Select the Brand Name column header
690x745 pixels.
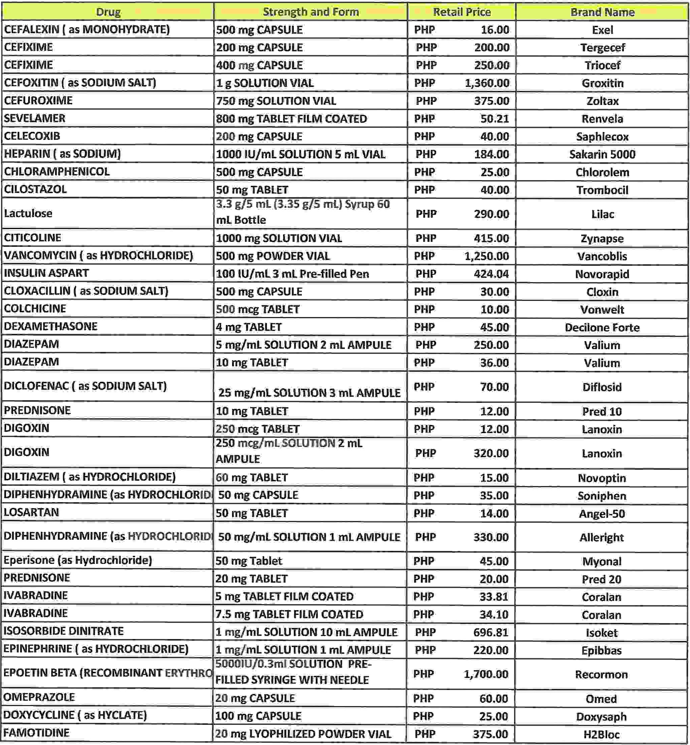[602, 12]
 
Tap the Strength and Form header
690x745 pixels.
[311, 12]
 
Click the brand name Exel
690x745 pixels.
[602, 30]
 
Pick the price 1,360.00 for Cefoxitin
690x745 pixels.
[487, 83]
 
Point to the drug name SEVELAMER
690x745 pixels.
[35, 118]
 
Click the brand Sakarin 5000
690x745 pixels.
[602, 154]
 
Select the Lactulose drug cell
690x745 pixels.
[29, 213]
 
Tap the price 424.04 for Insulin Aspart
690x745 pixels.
[491, 274]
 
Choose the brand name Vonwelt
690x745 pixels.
[602, 310]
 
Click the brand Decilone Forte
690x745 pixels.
[602, 327]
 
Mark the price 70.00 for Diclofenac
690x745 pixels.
[494, 387]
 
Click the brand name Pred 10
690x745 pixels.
[602, 412]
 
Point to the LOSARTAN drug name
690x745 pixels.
[31, 513]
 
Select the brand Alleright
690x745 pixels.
[601, 538]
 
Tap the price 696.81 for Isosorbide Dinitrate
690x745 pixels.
[491, 632]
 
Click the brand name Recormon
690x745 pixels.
[601, 675]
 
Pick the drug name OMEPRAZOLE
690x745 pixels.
[39, 697]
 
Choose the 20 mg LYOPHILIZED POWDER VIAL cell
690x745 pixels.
[303, 734]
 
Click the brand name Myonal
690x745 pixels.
[601, 562]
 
